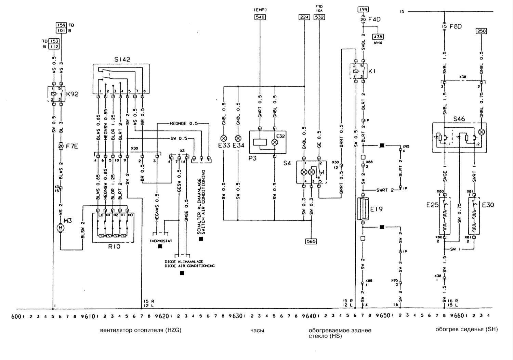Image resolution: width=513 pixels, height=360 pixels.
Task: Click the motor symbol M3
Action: (61, 227)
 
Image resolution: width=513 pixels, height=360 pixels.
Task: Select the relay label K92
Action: (72, 94)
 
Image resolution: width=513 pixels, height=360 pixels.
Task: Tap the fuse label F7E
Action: (72, 146)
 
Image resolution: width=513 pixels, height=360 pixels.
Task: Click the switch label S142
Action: (122, 59)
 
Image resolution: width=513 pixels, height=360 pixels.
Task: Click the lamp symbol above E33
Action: (224, 138)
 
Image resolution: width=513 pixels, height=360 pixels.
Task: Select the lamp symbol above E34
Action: (238, 138)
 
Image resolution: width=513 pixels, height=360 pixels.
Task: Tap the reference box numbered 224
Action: (304, 17)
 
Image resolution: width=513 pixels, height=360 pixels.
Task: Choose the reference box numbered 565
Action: (311, 241)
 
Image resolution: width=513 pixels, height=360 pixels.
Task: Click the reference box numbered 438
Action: (378, 37)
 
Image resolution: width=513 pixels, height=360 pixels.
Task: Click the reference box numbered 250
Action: (481, 31)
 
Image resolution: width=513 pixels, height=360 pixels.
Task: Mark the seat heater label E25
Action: (432, 205)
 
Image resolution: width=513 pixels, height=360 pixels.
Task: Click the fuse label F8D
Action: (456, 26)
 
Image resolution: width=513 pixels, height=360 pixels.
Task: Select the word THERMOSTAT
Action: (161, 241)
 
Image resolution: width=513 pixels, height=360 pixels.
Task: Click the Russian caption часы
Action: (257, 331)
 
